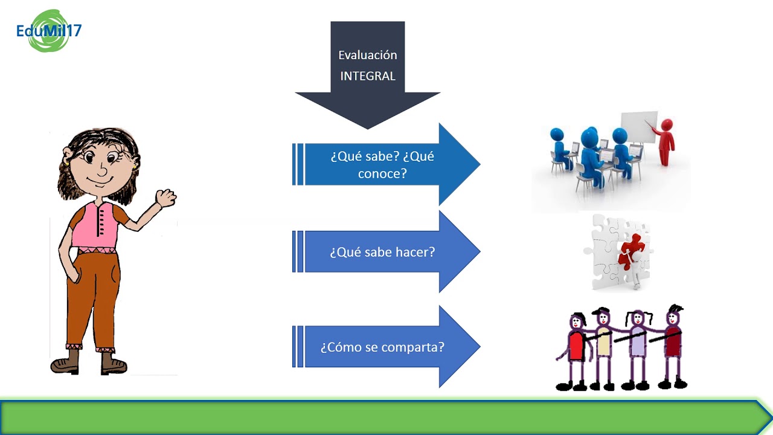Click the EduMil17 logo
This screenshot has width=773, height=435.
tap(49, 31)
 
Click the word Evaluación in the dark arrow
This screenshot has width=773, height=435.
tap(368, 55)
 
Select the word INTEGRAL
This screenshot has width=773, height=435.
tap(368, 76)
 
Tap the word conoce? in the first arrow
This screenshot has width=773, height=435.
tap(382, 173)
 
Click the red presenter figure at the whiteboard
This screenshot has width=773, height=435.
tap(666, 142)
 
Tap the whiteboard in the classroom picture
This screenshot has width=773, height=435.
tap(639, 127)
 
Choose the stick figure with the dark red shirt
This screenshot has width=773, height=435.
tap(673, 347)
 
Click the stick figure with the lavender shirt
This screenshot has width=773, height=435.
tap(638, 349)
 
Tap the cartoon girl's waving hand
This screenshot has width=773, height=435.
tap(165, 198)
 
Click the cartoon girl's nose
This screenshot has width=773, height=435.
tap(102, 169)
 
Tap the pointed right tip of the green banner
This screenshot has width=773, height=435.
tap(772, 417)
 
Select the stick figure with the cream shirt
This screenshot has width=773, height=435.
tap(603, 349)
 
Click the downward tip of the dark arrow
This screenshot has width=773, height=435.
tap(368, 129)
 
